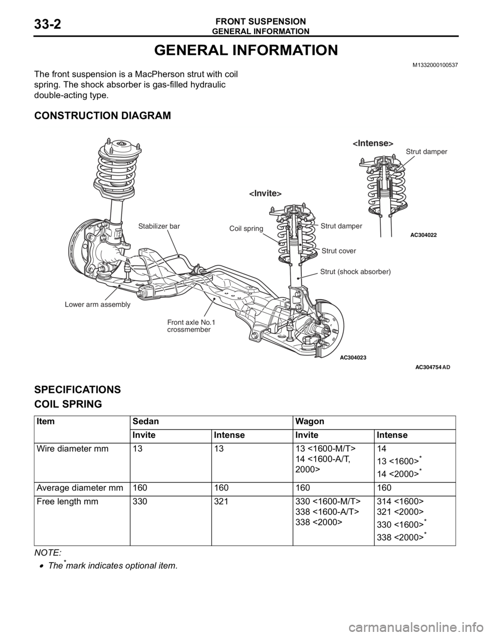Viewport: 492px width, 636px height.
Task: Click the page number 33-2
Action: [48, 24]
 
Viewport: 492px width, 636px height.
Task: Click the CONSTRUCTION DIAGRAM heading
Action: [102, 115]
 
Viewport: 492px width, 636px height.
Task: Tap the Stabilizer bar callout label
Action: [159, 226]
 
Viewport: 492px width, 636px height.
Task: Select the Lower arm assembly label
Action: [97, 304]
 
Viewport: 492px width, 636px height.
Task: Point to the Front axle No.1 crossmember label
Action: [191, 326]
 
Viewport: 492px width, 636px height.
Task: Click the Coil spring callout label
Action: [247, 228]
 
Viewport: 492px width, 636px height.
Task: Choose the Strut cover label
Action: [339, 251]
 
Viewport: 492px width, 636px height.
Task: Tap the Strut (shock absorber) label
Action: [356, 271]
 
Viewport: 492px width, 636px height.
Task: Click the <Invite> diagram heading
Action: [265, 193]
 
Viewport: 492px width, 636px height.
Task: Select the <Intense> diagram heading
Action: [373, 143]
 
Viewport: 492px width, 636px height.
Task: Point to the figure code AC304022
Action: [421, 235]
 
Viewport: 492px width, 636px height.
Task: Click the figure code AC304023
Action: [354, 357]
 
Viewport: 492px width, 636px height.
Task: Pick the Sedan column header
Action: [146, 421]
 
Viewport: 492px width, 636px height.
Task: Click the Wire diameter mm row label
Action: [73, 449]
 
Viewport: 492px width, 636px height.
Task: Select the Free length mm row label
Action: [68, 501]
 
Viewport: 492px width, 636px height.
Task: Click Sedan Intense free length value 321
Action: [221, 501]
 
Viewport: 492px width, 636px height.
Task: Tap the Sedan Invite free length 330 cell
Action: [140, 501]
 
